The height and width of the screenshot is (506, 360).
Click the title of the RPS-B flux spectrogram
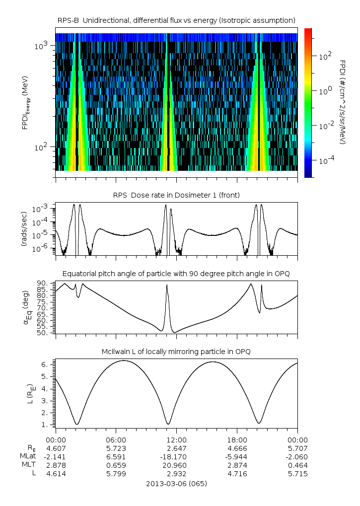[176, 20]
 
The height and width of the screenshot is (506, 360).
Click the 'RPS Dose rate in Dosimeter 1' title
[176, 195]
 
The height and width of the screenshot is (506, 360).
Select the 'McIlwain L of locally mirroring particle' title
[176, 352]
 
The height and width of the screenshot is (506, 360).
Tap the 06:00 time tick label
[116, 440]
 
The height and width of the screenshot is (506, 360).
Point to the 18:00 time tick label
[237, 440]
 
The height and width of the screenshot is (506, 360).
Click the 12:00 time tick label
[176, 440]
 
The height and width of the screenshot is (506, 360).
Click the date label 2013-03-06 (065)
[176, 483]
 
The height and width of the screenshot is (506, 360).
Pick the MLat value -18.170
[176, 456]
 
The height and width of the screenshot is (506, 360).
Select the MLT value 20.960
[176, 465]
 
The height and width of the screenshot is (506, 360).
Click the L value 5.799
[116, 473]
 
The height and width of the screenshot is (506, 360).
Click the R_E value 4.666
[237, 448]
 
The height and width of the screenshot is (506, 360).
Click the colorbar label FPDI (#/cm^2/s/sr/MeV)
[343, 102]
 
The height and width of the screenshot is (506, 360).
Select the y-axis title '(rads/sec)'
[24, 229]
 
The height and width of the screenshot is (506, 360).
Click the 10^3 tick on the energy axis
[41, 46]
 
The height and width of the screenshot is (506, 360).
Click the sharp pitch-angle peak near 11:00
[167, 285]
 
